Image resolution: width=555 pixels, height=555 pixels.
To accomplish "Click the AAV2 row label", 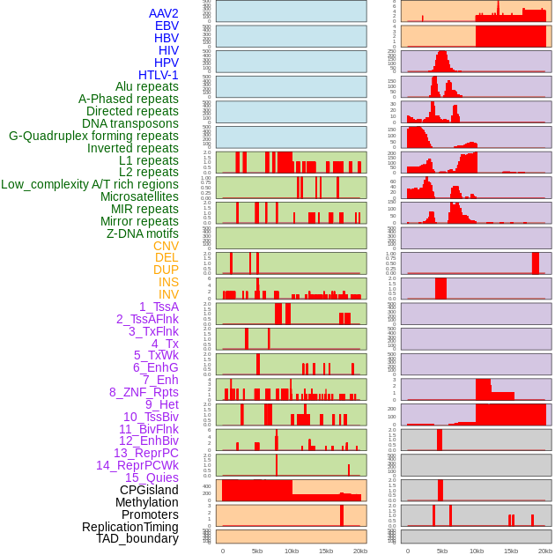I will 164,13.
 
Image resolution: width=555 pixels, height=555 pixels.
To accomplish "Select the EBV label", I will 166,26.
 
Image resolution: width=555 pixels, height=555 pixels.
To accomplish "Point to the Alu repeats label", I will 147,87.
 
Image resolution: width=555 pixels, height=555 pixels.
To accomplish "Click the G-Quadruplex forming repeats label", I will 93,137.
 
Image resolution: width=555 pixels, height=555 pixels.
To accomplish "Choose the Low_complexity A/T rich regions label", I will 90,184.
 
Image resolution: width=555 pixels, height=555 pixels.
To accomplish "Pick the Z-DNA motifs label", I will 143,233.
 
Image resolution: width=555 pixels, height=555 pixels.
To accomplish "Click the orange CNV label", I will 166,246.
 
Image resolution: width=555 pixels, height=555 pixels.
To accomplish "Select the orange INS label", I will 168,282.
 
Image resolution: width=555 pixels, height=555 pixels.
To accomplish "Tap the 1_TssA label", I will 159,307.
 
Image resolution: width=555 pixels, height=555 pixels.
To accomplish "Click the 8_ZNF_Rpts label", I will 144,392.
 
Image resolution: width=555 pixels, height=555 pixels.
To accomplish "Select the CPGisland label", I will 149,490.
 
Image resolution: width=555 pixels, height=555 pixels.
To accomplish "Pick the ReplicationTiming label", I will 130,527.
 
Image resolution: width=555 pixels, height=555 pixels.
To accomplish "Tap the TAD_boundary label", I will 137,538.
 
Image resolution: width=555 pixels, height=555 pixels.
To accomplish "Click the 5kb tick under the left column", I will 257,551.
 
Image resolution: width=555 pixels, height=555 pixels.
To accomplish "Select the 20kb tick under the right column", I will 545,551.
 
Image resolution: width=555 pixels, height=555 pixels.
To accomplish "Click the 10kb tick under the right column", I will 477,551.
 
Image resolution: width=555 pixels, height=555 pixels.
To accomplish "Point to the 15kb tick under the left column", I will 326,551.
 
